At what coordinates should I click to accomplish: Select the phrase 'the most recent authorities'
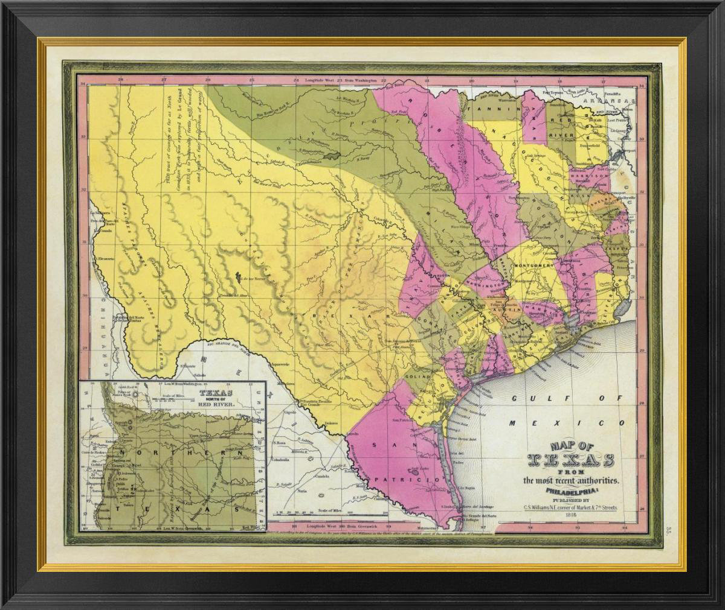pos(571,480)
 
